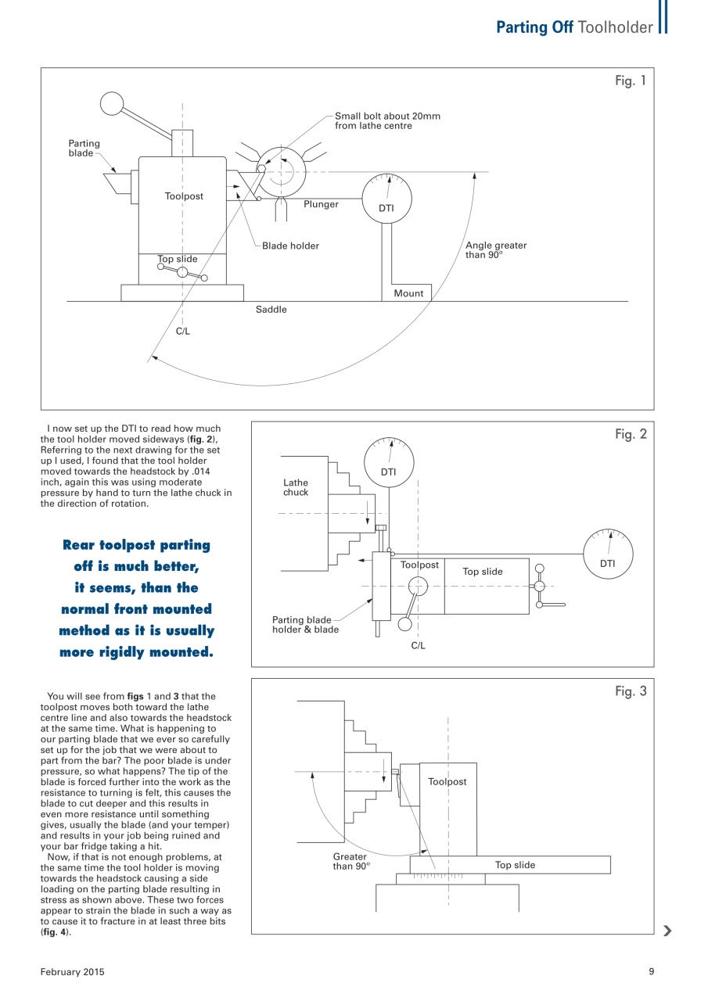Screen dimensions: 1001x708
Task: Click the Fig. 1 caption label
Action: pos(630,81)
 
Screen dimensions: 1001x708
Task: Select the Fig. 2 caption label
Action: pos(630,435)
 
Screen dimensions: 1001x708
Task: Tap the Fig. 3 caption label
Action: pos(630,691)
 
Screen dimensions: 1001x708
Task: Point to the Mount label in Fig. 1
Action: pos(408,293)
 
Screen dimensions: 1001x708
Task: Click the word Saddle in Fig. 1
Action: pos(271,310)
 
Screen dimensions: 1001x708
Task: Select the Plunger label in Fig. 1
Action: pos(321,204)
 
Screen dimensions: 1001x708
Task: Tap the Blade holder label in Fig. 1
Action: pos(290,246)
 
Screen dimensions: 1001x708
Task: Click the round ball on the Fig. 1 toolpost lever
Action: pos(112,103)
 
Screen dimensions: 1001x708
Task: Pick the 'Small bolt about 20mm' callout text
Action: pos(387,120)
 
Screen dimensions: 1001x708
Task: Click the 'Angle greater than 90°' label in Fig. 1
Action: pos(496,249)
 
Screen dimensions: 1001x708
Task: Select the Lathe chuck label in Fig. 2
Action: pos(296,487)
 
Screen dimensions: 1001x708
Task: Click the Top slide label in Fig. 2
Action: pos(483,572)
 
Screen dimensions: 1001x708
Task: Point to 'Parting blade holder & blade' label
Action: pos(305,625)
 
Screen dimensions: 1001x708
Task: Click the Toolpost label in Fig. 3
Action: pos(447,781)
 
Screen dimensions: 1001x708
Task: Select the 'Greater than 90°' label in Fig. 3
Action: pos(350,861)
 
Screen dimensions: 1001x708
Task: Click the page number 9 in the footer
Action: pos(651,971)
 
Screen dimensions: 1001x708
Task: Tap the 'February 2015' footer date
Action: pos(73,971)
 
